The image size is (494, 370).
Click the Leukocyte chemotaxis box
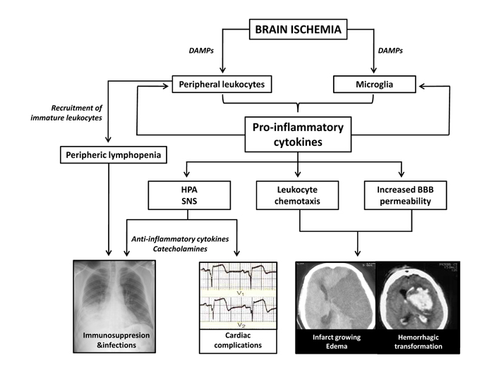pyautogui.click(x=297, y=195)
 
